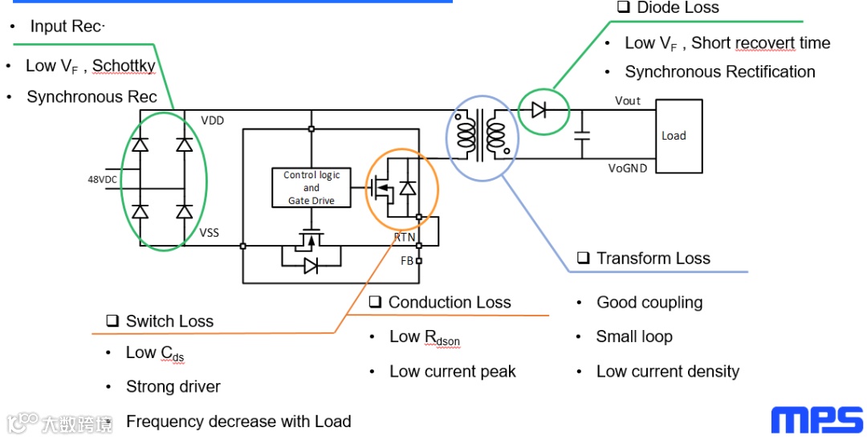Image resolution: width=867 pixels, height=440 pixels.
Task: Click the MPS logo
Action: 817,420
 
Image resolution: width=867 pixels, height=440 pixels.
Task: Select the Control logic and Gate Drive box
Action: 311,188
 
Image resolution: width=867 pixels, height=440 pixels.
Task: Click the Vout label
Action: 628,100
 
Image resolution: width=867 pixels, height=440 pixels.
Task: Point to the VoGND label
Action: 628,168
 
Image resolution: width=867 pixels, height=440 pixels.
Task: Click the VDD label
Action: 213,120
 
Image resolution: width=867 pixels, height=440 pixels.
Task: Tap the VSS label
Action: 210,233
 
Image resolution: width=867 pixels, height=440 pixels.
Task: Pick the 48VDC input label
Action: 103,179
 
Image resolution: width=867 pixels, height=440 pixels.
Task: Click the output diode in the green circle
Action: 539,110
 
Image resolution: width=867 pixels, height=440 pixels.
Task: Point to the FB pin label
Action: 407,260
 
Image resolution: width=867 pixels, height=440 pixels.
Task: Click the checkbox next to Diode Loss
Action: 623,7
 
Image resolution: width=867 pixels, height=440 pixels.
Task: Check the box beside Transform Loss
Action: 583,259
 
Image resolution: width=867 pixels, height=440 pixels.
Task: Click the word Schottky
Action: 124,66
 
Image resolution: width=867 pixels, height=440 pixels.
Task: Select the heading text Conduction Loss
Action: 450,303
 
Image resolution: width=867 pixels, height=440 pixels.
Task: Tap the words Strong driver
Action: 173,387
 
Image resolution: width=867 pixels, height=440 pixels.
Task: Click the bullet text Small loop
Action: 633,336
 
